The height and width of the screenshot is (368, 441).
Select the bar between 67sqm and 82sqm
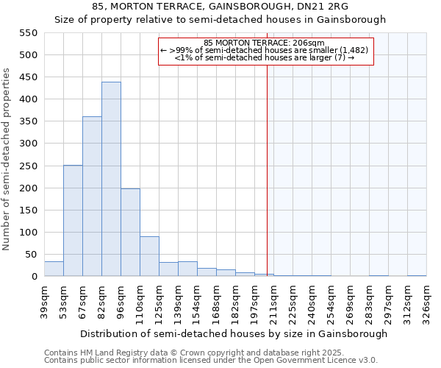pyautogui.click(x=92, y=197)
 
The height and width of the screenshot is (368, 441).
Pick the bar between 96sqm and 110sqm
pyautogui.click(x=130, y=233)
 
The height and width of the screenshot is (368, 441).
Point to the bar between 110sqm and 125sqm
pyautogui.click(x=149, y=256)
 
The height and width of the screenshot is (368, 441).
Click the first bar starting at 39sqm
pyautogui.click(x=54, y=269)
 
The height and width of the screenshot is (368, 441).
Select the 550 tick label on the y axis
pyautogui.click(x=27, y=33)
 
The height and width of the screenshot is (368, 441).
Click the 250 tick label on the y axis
pyautogui.click(x=27, y=166)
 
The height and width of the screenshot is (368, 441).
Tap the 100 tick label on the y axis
pyautogui.click(x=27, y=233)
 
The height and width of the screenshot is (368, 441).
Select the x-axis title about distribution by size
pyautogui.click(x=234, y=334)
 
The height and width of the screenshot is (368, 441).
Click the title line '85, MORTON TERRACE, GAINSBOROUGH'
pyautogui.click(x=220, y=7)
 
